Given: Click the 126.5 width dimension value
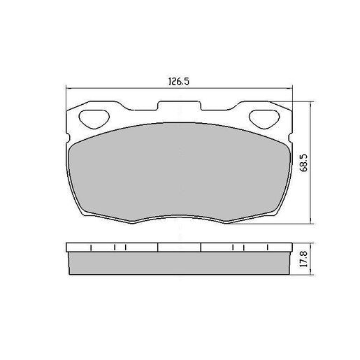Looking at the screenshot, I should pyautogui.click(x=180, y=80).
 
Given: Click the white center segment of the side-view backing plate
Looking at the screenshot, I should pyautogui.click(x=179, y=247).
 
